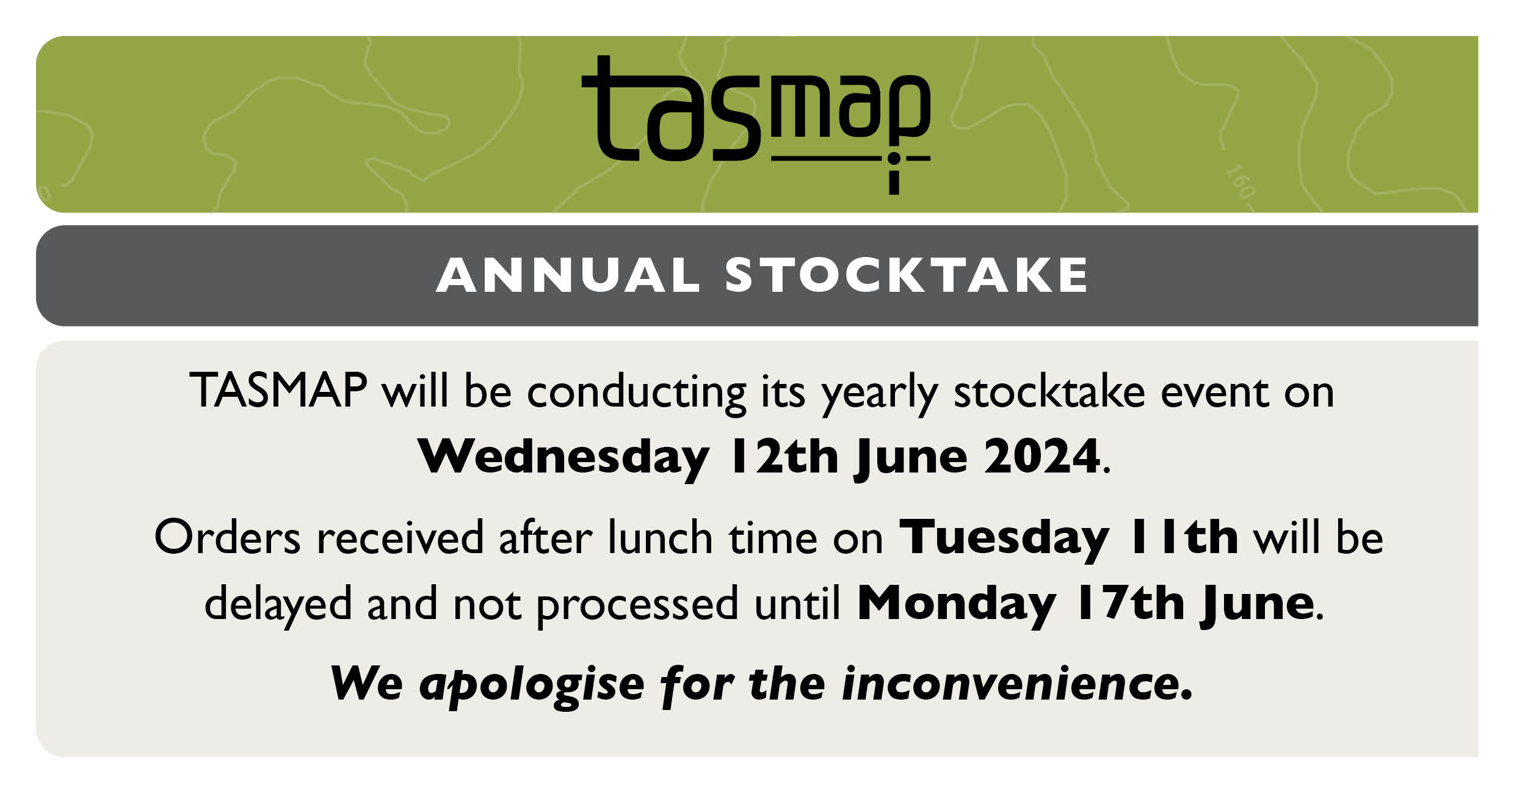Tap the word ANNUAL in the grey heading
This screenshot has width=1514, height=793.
point(568,275)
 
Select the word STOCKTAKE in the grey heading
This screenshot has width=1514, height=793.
point(907,275)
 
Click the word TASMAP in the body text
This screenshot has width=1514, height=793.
point(278,390)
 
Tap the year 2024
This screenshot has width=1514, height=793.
point(1042,456)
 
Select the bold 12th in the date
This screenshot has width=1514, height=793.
point(784,456)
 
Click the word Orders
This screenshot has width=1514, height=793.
point(228,537)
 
